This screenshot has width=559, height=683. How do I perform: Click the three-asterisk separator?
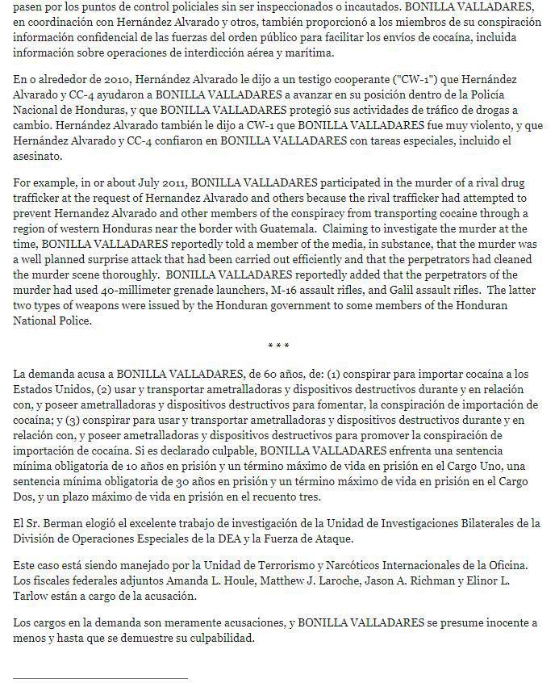point(278,346)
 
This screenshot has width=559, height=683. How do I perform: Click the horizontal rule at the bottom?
point(101,678)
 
